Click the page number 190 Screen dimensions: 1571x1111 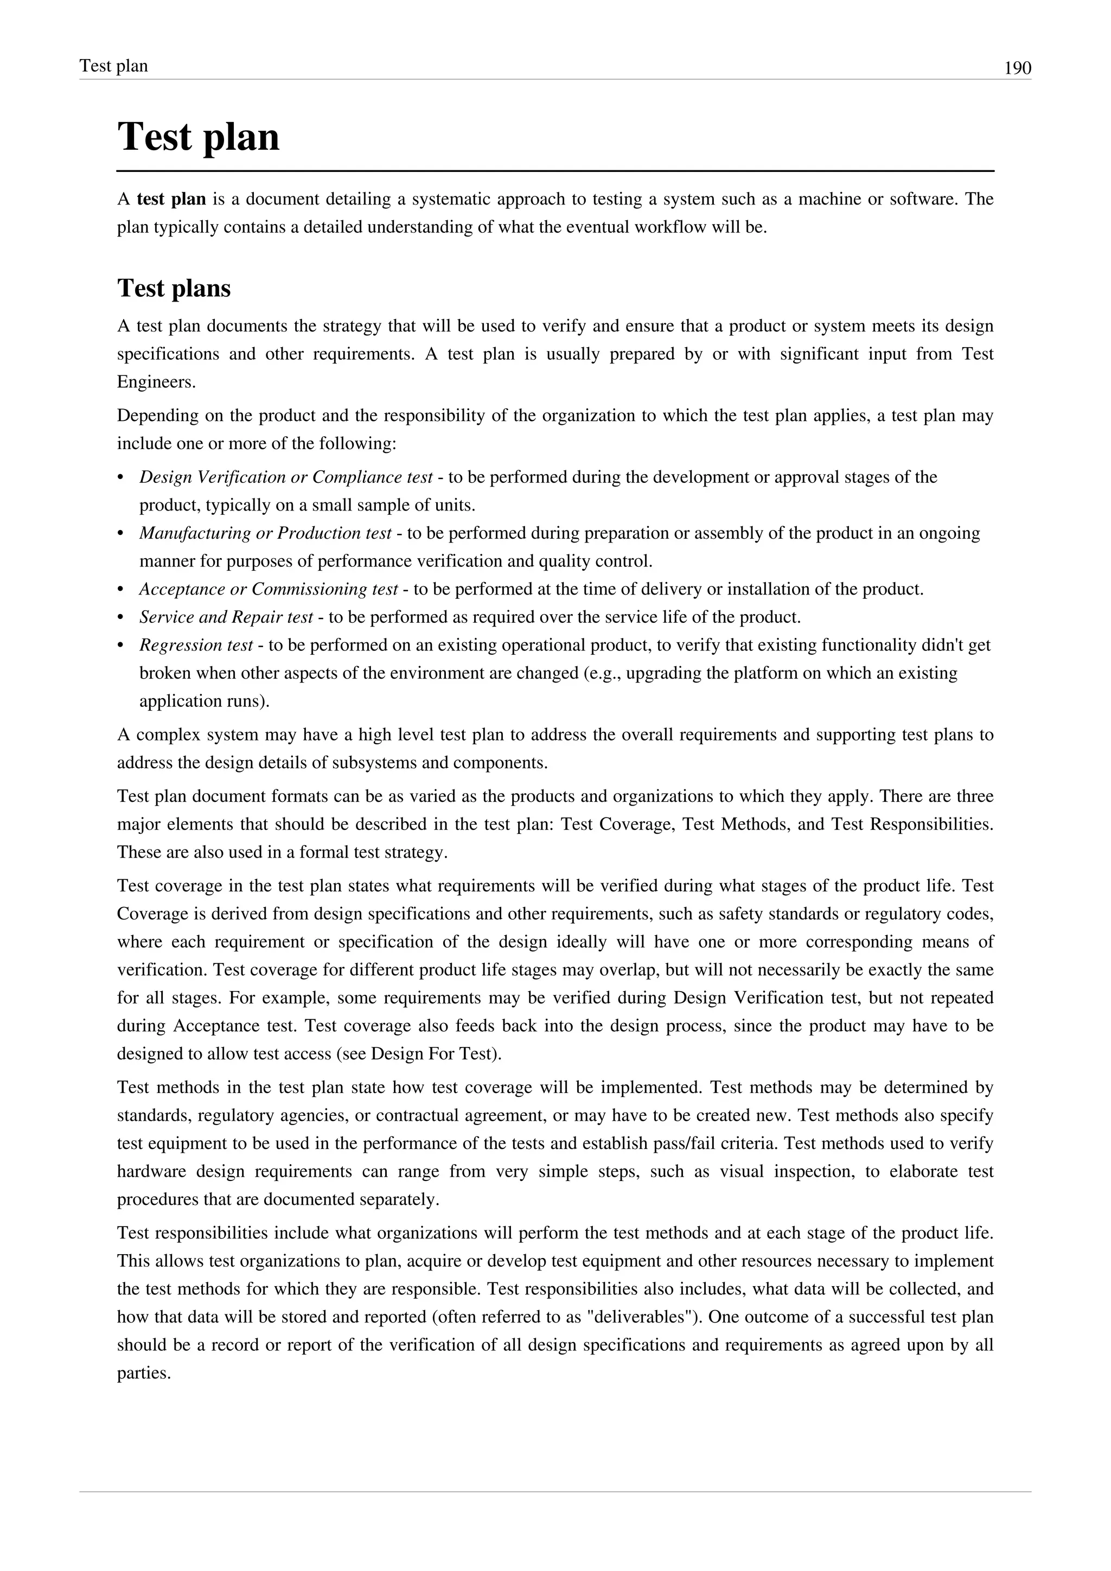1017,68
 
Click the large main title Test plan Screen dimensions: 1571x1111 199,137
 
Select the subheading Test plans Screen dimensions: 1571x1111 174,288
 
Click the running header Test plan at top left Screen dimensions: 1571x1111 113,66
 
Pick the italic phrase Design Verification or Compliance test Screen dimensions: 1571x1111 286,477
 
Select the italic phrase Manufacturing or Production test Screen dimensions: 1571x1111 265,533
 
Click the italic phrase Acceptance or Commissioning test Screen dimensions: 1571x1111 268,589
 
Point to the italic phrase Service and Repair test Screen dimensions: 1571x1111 226,617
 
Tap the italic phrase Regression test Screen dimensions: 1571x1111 196,645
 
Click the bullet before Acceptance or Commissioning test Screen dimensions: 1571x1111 121,590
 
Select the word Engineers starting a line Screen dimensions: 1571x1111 156,382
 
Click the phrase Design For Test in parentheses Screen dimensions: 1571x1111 433,1053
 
